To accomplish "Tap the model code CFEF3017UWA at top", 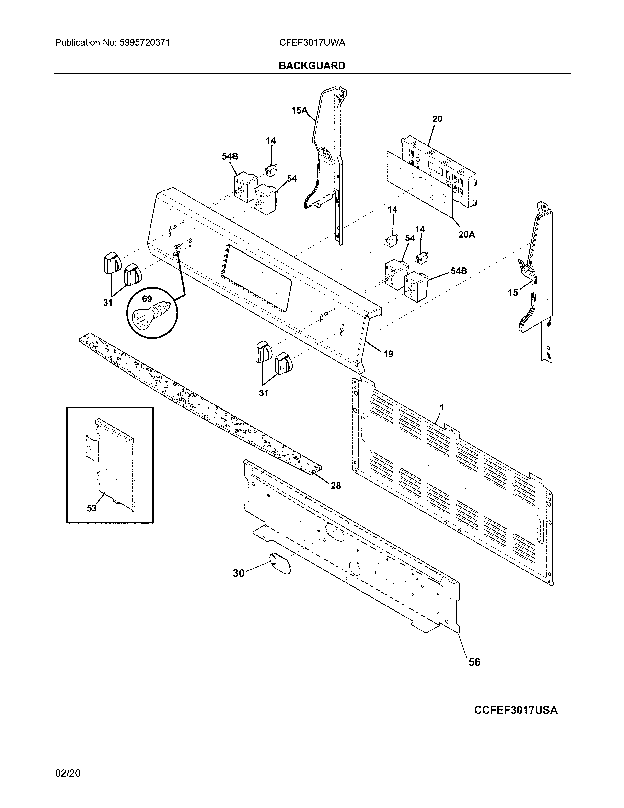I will [x=312, y=43].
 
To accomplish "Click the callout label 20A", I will [x=466, y=234].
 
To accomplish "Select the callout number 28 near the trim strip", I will [x=336, y=485].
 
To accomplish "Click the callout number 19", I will [x=388, y=354].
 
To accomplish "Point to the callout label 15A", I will [x=299, y=110].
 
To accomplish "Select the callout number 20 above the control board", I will [x=437, y=119].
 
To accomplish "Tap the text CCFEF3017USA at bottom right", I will [x=516, y=710].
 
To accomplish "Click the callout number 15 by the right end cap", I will [x=513, y=292].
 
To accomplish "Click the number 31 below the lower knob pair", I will [x=263, y=393].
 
